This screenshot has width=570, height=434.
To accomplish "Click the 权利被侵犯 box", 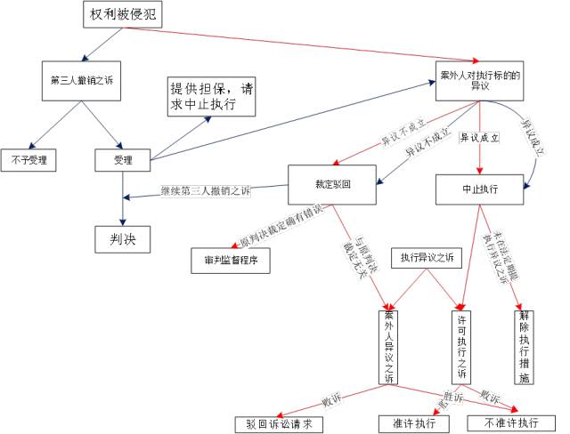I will tap(126, 15).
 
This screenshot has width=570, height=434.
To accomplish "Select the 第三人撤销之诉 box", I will tap(85, 77).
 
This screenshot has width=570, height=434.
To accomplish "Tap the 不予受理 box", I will tap(28, 160).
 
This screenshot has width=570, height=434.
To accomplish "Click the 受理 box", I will tap(123, 160).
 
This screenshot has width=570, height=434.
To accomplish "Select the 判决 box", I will tap(122, 239).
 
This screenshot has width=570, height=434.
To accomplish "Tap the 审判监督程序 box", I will tap(230, 261).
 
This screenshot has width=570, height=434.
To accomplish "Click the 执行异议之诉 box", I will tap(427, 258).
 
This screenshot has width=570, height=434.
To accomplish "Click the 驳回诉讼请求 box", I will tap(279, 423).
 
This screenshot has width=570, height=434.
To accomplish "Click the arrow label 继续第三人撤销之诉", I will tap(206, 191).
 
